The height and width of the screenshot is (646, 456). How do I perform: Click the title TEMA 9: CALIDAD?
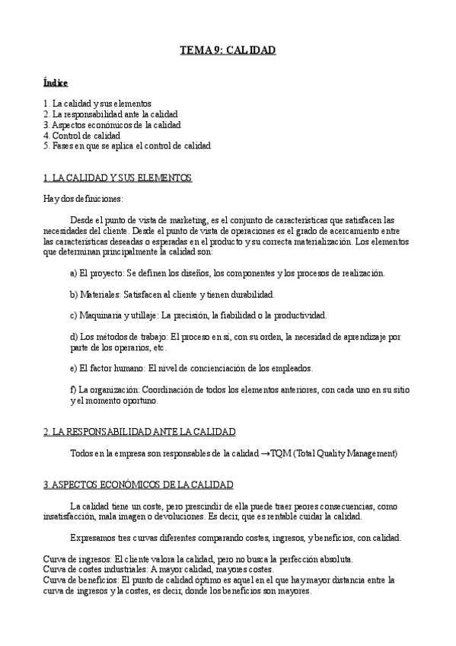click(227, 50)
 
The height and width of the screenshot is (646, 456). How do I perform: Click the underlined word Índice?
click(56, 82)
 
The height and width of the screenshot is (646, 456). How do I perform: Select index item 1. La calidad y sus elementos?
click(98, 103)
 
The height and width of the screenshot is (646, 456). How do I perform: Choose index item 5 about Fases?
click(127, 146)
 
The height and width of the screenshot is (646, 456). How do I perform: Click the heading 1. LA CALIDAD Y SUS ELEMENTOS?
click(118, 177)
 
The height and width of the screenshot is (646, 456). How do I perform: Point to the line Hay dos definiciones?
click(83, 199)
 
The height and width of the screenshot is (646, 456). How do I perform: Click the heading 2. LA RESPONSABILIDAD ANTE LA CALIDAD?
click(139, 431)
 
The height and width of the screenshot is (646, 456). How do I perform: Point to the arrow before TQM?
click(266, 453)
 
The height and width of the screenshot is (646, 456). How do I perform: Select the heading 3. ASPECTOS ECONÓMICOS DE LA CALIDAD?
click(139, 484)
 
